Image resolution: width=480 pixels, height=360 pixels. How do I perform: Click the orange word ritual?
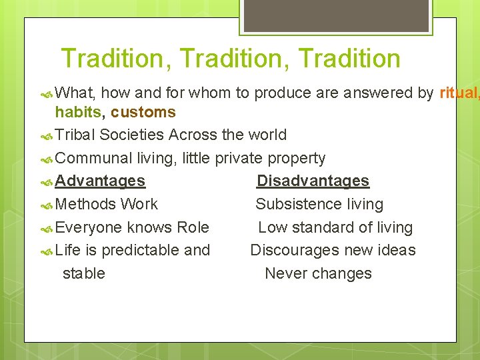(x=457, y=93)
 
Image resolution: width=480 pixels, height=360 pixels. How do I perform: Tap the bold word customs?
(x=143, y=112)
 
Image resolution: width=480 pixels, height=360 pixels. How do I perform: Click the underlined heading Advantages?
(x=100, y=181)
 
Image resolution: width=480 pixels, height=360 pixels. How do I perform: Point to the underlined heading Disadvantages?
(x=313, y=181)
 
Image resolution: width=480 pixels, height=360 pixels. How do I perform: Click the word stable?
(x=83, y=273)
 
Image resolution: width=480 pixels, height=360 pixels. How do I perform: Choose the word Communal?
(x=94, y=158)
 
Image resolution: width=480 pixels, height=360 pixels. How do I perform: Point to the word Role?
(x=193, y=227)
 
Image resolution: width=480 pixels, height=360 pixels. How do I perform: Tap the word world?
(x=267, y=135)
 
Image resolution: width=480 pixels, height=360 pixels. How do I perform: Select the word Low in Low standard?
(x=272, y=227)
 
